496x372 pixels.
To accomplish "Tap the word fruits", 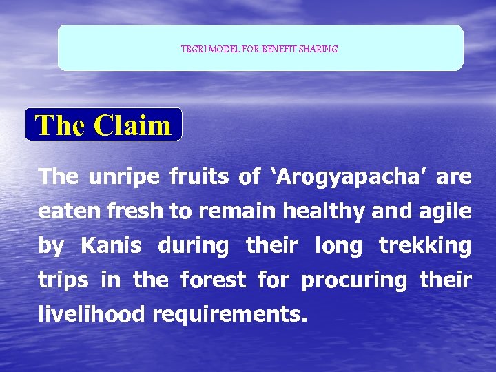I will (199, 177).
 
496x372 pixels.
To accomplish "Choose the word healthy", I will (330, 211).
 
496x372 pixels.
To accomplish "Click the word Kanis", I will (111, 246).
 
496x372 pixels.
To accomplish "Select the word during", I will (194, 246).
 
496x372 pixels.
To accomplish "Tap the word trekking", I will (425, 246).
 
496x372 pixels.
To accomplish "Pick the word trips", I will (63, 280).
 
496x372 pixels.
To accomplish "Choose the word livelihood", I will (92, 315).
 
